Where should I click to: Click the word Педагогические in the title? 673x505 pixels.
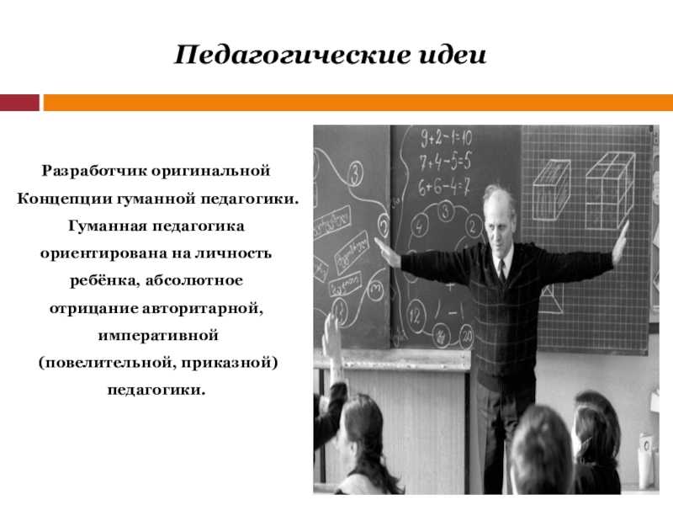(x=291, y=56)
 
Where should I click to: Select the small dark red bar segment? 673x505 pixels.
(x=19, y=103)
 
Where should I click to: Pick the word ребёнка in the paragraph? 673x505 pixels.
(x=104, y=280)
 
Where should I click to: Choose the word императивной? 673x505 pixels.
(x=158, y=335)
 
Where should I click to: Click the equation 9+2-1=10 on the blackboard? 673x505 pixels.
(x=446, y=138)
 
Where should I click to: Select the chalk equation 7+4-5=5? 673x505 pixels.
(x=445, y=161)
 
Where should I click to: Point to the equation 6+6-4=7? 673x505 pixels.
(x=444, y=186)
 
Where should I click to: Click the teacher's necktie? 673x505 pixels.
(x=501, y=271)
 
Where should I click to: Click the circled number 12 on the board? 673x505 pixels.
(x=414, y=316)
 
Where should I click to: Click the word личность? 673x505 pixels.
(x=233, y=253)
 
